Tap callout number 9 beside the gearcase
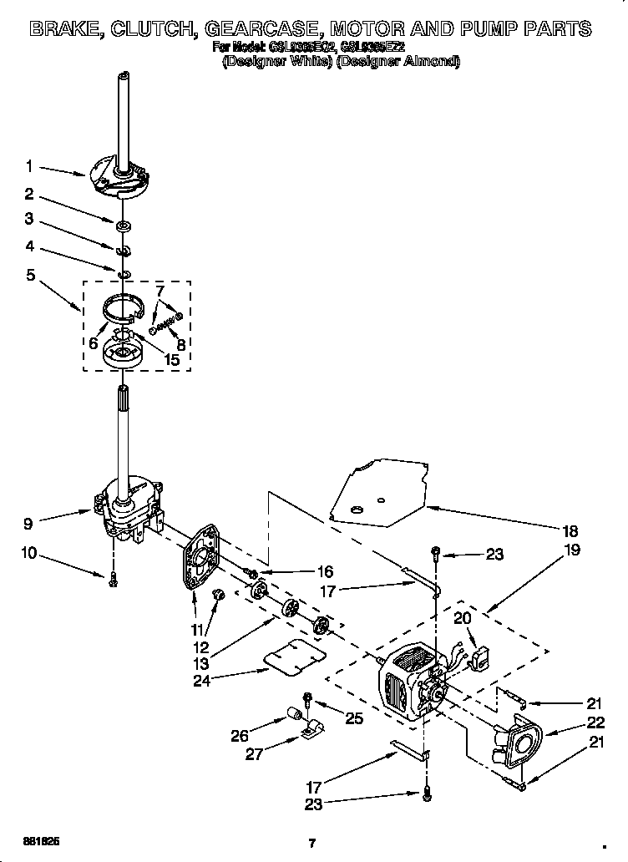[29, 524]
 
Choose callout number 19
[572, 550]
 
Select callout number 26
[240, 735]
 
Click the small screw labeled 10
[112, 580]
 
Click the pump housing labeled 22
[518, 742]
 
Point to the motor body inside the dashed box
[405, 681]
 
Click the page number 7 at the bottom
[311, 843]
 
